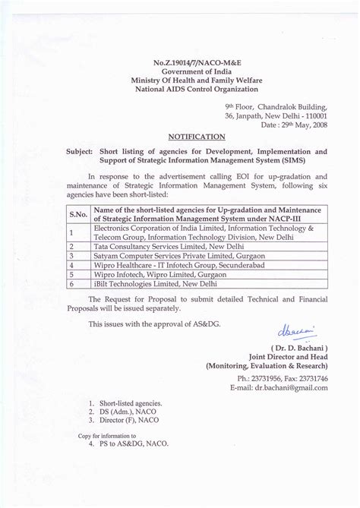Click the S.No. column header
(x=76, y=214)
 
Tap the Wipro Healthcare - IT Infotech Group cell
(x=174, y=266)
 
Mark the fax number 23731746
(x=312, y=377)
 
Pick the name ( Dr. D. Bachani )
(x=298, y=359)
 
